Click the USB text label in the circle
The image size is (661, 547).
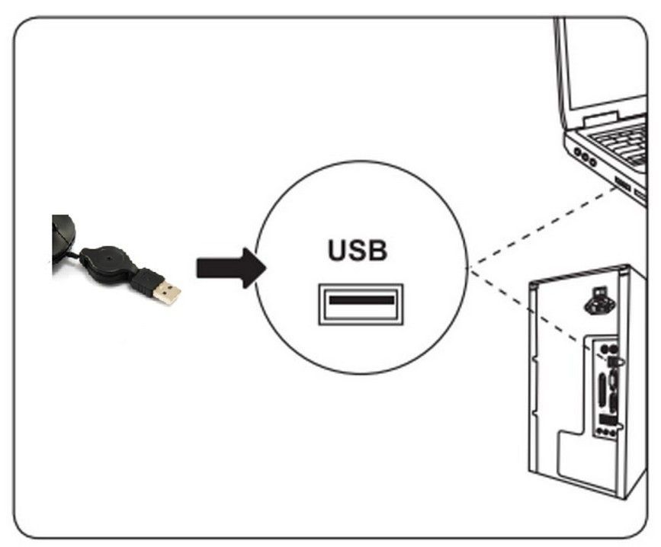[x=358, y=250]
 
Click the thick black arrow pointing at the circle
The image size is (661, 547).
[x=229, y=267]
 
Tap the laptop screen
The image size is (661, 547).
[x=610, y=61]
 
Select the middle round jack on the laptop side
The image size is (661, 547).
[x=586, y=159]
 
